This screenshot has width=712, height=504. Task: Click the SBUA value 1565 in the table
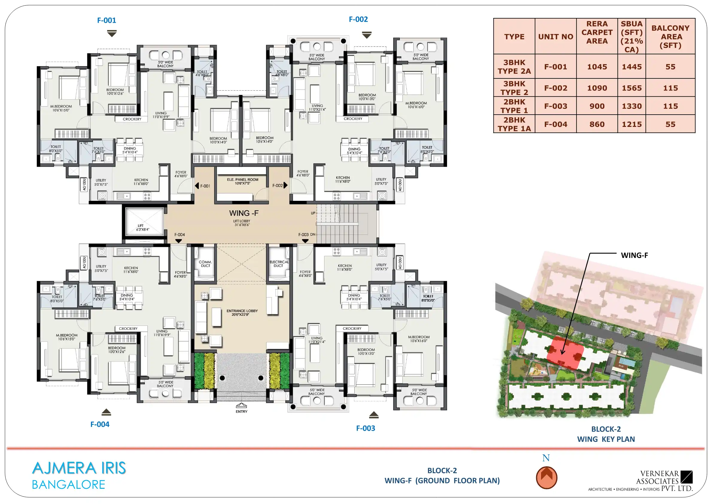tap(632, 88)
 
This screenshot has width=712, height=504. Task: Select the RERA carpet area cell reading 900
tap(597, 106)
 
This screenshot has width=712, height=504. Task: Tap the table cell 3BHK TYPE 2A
tap(514, 67)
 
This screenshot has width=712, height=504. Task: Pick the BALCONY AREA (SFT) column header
tap(670, 37)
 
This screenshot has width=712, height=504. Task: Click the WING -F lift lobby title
tap(244, 213)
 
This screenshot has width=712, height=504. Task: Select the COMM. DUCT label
tap(205, 264)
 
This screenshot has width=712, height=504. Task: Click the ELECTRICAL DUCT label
tap(279, 264)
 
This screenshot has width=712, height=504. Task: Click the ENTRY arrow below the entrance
tap(241, 405)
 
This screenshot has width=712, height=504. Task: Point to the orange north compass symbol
tap(546, 478)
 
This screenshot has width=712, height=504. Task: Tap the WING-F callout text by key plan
tap(634, 255)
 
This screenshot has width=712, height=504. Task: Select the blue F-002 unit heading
tap(358, 19)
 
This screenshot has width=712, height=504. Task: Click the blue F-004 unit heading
tap(100, 424)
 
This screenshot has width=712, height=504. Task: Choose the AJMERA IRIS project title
tap(79, 468)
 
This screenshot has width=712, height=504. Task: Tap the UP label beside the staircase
tap(313, 213)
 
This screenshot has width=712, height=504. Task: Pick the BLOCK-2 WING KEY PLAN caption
tap(606, 434)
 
